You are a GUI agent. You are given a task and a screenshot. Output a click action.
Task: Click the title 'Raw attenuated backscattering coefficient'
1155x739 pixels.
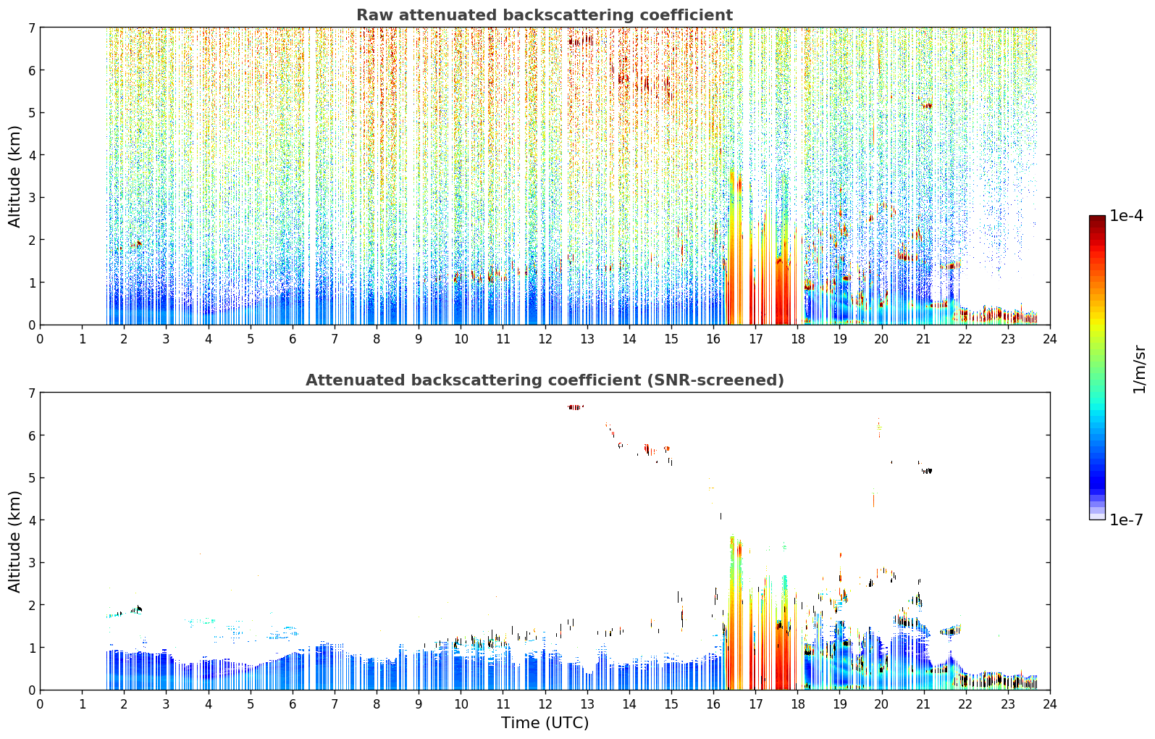(x=545, y=15)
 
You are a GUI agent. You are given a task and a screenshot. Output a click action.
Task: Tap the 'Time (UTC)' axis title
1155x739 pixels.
(x=545, y=723)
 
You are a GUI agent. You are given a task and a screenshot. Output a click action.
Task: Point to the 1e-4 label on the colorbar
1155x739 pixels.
(x=1127, y=216)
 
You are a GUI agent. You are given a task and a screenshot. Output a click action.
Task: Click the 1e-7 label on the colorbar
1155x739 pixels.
(x=1127, y=519)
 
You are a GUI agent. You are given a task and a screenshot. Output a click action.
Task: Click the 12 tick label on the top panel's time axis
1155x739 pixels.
(x=545, y=339)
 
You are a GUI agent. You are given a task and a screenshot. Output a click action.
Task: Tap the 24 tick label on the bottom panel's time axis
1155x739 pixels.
(x=1050, y=704)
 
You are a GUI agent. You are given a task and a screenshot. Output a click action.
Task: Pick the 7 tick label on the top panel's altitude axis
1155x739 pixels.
(x=31, y=28)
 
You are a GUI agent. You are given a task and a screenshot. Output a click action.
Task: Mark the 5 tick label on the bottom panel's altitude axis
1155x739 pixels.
(x=31, y=478)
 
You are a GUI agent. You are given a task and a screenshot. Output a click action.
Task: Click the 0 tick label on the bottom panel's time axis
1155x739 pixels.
(x=41, y=704)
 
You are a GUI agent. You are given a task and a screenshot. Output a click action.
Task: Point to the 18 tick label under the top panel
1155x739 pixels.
(x=798, y=339)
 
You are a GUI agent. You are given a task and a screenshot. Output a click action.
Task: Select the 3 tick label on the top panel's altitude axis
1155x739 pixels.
(x=31, y=198)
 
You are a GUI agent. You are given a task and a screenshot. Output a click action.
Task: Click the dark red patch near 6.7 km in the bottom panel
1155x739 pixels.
(x=576, y=407)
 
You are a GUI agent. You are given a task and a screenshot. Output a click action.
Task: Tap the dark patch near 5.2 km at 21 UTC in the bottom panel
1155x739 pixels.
(x=927, y=471)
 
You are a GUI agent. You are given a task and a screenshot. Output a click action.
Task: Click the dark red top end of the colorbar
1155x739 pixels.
(x=1097, y=218)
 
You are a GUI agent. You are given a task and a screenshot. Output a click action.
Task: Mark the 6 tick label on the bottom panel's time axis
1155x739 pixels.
(x=293, y=704)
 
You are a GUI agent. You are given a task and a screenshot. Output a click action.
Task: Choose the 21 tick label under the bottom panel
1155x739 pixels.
(x=923, y=704)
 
